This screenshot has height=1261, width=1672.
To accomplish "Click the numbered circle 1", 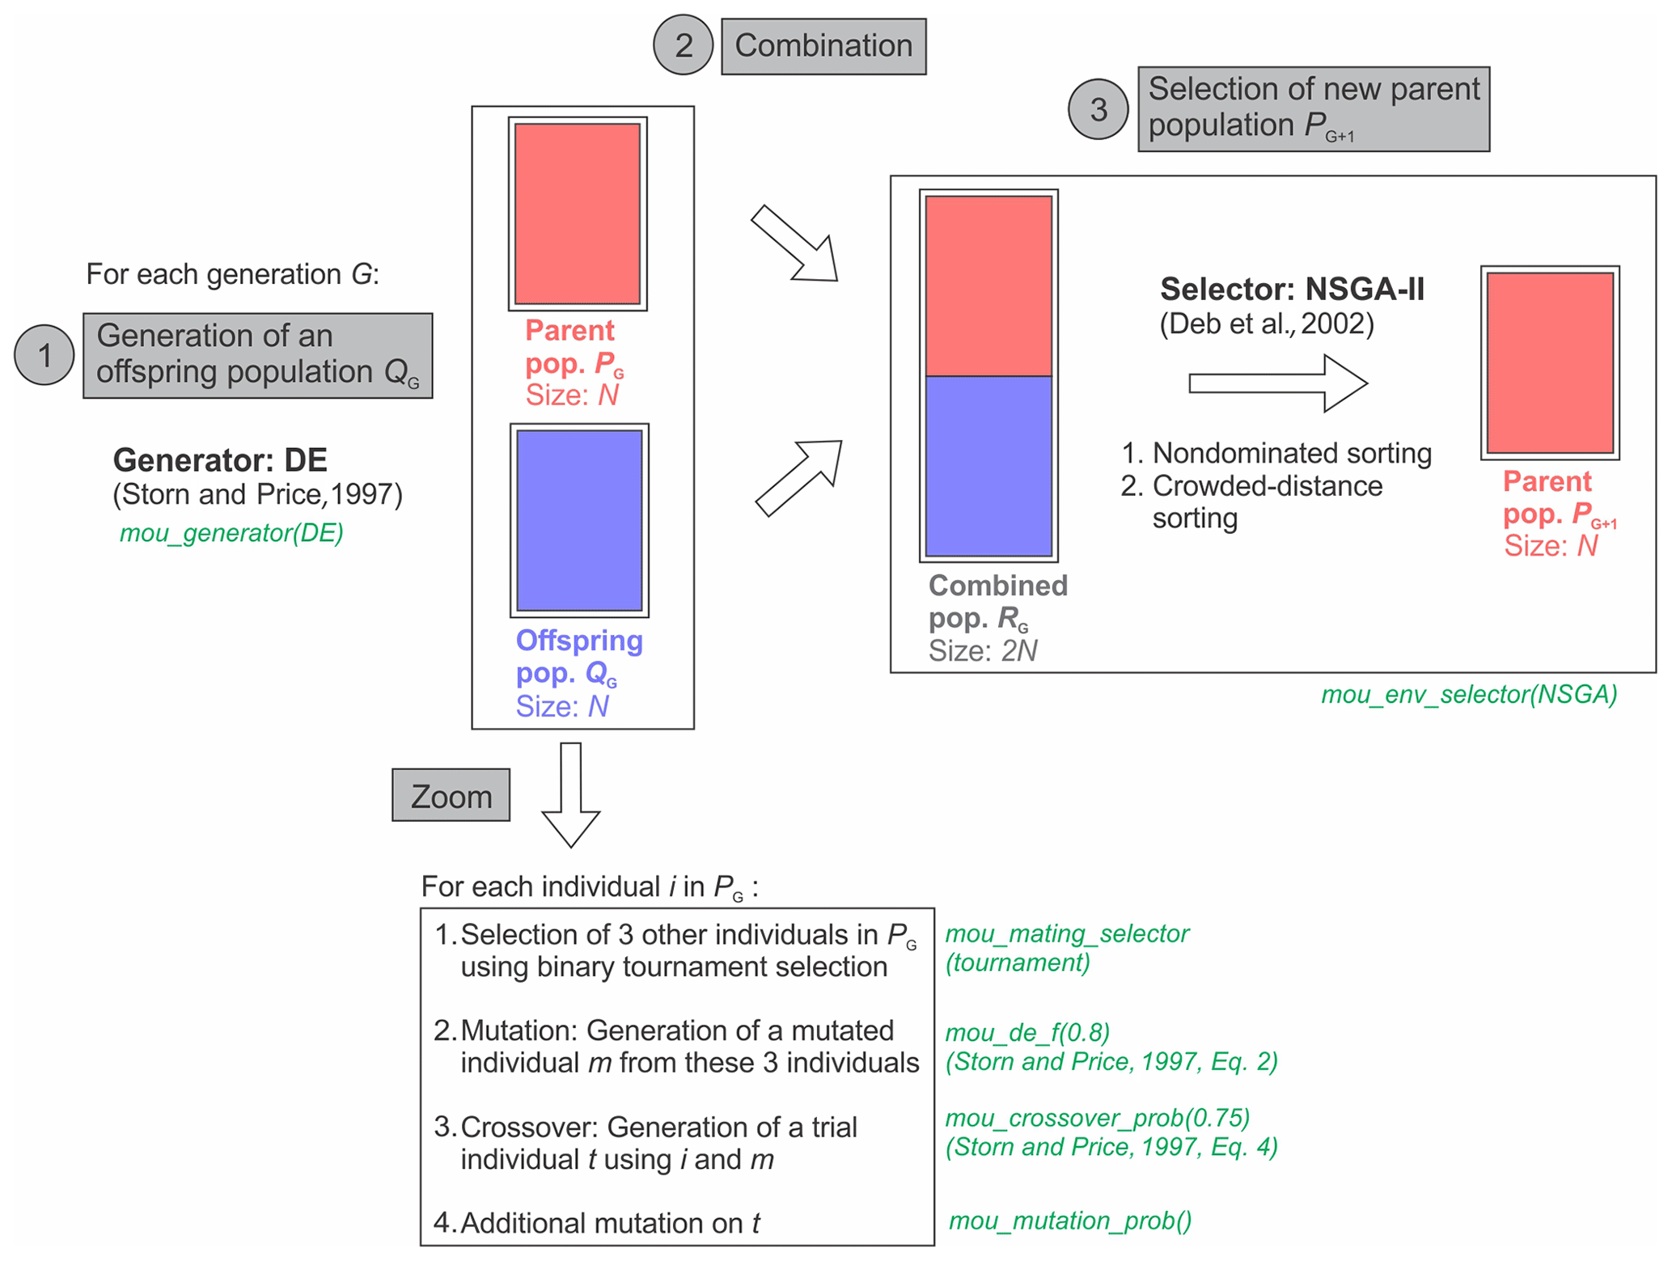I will click(44, 355).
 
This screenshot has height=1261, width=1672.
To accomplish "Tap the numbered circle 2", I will click(683, 45).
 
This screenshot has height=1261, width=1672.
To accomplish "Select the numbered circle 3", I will click(1098, 109).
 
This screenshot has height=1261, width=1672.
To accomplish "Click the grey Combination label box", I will click(823, 46).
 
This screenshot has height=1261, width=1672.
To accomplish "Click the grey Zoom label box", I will click(451, 796).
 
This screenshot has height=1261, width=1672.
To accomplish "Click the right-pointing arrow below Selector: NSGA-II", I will click(1277, 383).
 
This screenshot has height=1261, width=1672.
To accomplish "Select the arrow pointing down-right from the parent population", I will click(796, 243).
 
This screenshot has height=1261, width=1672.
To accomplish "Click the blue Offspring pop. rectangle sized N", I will click(579, 520).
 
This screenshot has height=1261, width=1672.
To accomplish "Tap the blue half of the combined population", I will click(988, 466).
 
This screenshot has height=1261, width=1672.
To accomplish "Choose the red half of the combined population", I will click(988, 286).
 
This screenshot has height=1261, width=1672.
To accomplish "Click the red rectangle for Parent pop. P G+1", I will click(1549, 362).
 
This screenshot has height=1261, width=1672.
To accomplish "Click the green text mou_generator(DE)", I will click(231, 533).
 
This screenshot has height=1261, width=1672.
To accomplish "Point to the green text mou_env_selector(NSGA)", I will click(1468, 694).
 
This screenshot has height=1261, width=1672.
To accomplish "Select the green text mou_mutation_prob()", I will click(1069, 1221).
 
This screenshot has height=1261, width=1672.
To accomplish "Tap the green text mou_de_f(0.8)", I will click(1027, 1033).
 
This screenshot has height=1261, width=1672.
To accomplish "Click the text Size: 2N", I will click(982, 651).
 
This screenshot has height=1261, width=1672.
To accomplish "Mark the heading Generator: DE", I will click(220, 460).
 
